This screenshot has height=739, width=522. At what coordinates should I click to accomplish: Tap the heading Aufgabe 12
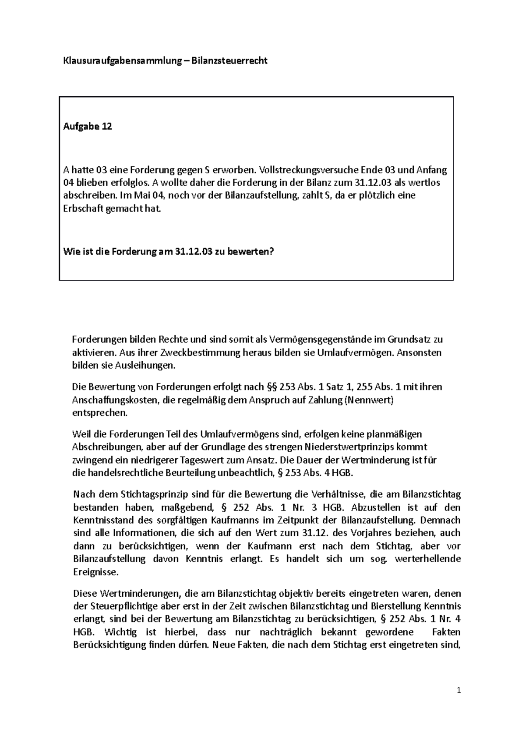[87, 127]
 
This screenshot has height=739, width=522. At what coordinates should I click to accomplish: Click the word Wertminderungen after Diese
[141, 593]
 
